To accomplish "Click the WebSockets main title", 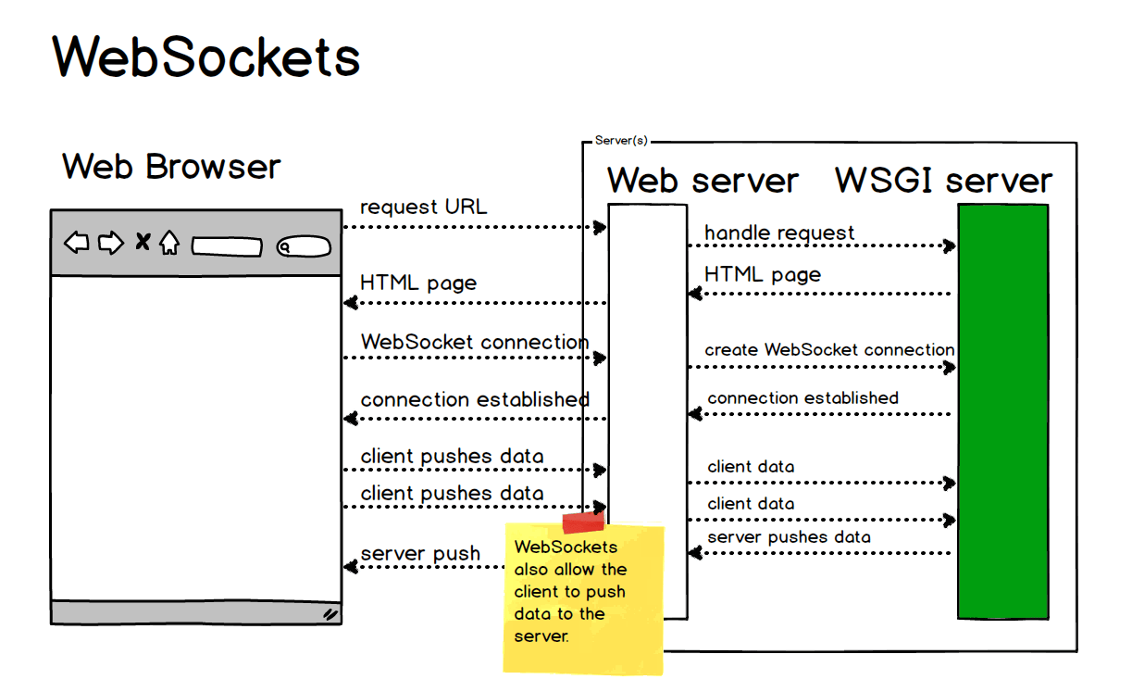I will (205, 57).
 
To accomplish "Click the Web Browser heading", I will (171, 168).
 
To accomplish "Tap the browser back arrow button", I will (77, 244).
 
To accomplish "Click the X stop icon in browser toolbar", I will (143, 243).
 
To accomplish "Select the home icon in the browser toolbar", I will (168, 244).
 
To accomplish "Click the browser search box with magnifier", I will (303, 247).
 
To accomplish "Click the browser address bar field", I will (227, 247).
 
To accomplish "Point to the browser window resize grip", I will (330, 613).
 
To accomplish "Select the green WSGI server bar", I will (1003, 411).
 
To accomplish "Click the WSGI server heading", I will (943, 181).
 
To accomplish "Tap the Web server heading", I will (703, 181).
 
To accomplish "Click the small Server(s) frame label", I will (621, 141).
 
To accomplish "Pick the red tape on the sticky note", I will (583, 522).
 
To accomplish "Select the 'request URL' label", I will (423, 208).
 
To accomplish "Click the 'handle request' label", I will (779, 233).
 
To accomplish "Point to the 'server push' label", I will (420, 554).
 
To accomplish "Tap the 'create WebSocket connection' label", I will (829, 350).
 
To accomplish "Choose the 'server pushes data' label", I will (789, 537).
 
